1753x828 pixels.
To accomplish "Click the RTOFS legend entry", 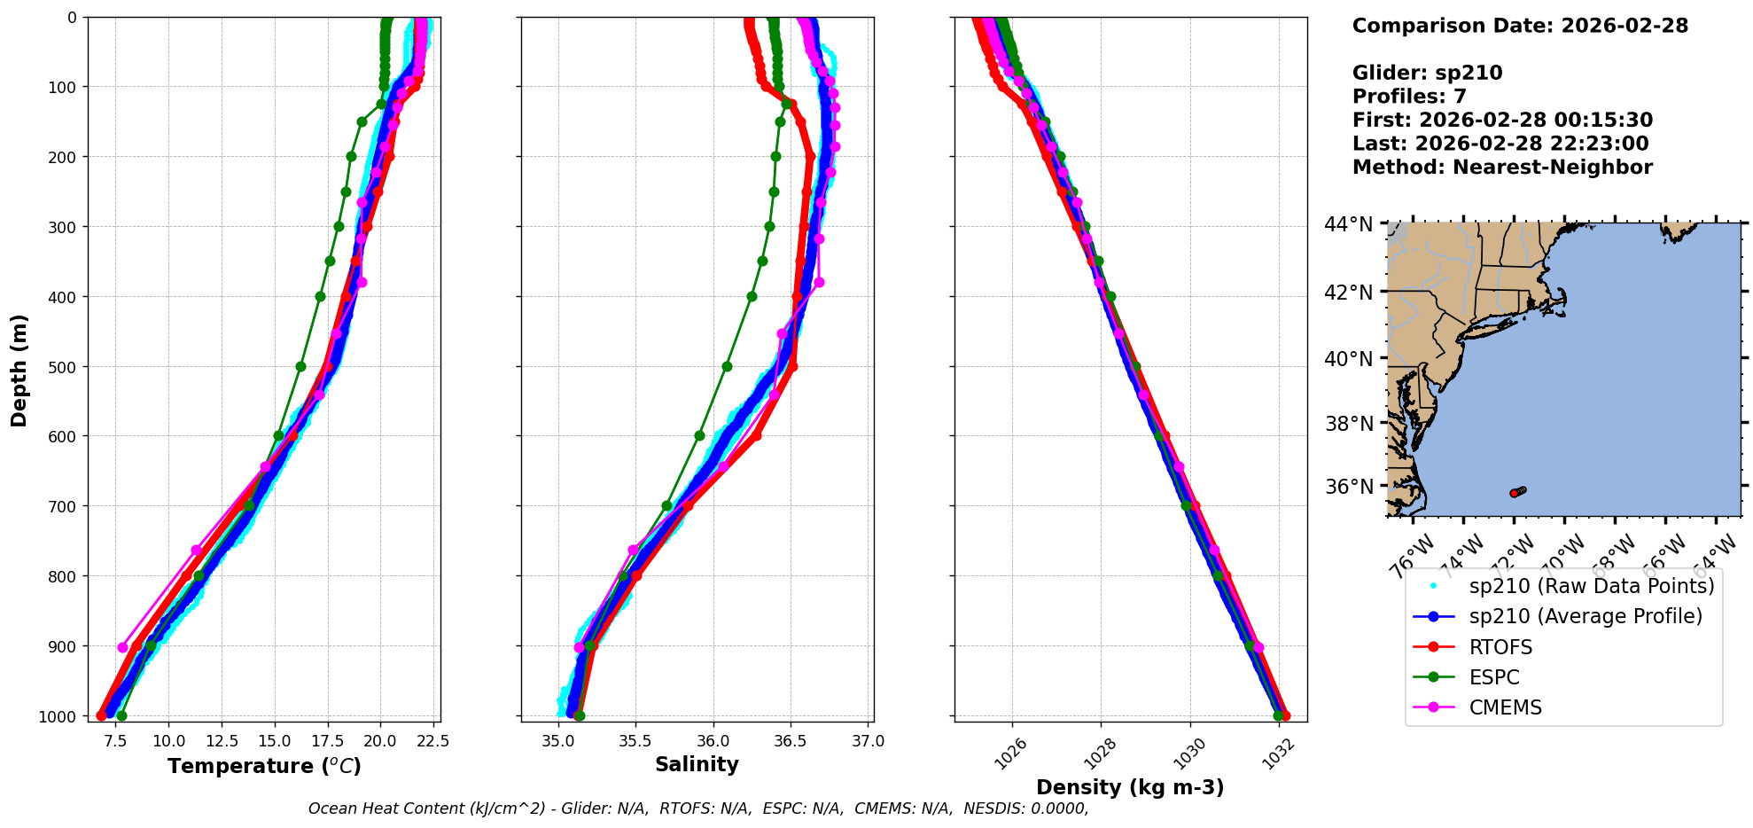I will (x=1500, y=647).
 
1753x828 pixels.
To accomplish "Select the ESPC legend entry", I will (x=1493, y=677).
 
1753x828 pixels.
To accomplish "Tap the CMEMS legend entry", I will (x=1505, y=707).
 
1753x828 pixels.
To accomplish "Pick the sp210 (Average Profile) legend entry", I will (x=1585, y=616).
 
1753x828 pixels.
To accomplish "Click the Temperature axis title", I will (x=264, y=766).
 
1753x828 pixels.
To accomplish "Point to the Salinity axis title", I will (x=697, y=764).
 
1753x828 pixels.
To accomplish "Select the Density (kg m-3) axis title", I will (x=1130, y=787).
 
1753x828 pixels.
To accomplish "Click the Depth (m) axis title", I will (x=19, y=370).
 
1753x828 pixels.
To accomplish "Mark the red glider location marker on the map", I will (x=1514, y=493).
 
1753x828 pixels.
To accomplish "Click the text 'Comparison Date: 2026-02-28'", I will (x=1520, y=26).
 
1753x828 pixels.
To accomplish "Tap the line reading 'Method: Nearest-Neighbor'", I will (x=1502, y=168).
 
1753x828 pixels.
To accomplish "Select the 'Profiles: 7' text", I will (x=1409, y=97).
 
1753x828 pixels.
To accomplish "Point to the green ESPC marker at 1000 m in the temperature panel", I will (x=121, y=715).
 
